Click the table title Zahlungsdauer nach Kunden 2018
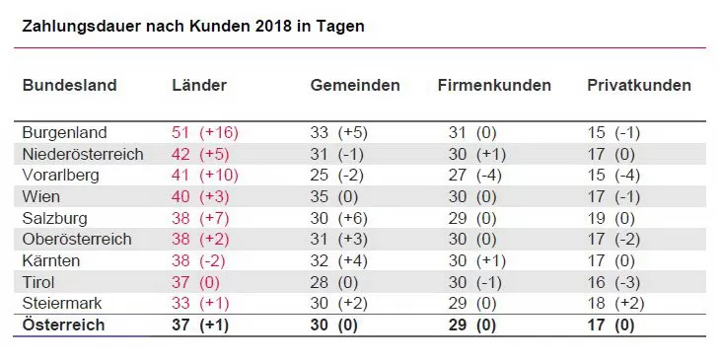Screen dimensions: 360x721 click(x=193, y=26)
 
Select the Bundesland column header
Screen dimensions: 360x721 click(x=69, y=85)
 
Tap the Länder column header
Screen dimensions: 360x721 click(x=199, y=85)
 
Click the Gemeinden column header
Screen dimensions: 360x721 click(x=355, y=85)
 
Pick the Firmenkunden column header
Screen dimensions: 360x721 click(x=494, y=85)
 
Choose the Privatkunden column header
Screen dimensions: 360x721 click(x=639, y=85)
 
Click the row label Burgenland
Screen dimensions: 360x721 click(x=65, y=132)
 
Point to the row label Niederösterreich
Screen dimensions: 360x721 click(x=83, y=154)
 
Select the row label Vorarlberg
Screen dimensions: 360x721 click(x=62, y=175)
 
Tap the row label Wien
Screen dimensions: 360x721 click(x=40, y=196)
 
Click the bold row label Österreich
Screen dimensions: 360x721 click(x=63, y=324)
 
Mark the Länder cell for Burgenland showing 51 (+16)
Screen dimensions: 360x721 click(x=205, y=132)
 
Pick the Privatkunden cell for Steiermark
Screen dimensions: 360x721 click(x=615, y=303)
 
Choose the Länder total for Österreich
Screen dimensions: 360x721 click(x=201, y=324)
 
